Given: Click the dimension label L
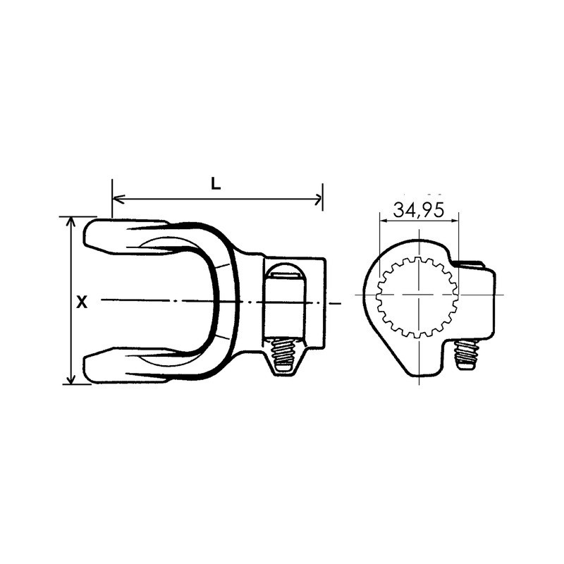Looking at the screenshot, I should [x=216, y=184].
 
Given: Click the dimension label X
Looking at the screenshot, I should [x=82, y=302].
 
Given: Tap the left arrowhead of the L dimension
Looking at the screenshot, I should [x=117, y=200].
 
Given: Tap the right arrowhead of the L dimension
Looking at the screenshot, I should [x=317, y=200].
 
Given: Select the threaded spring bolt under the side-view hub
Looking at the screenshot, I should [x=284, y=353].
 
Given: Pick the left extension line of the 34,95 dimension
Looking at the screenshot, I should [x=379, y=240].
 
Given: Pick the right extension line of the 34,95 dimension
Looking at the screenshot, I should [x=458, y=240].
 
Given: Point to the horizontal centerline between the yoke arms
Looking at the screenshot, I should [x=155, y=301].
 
